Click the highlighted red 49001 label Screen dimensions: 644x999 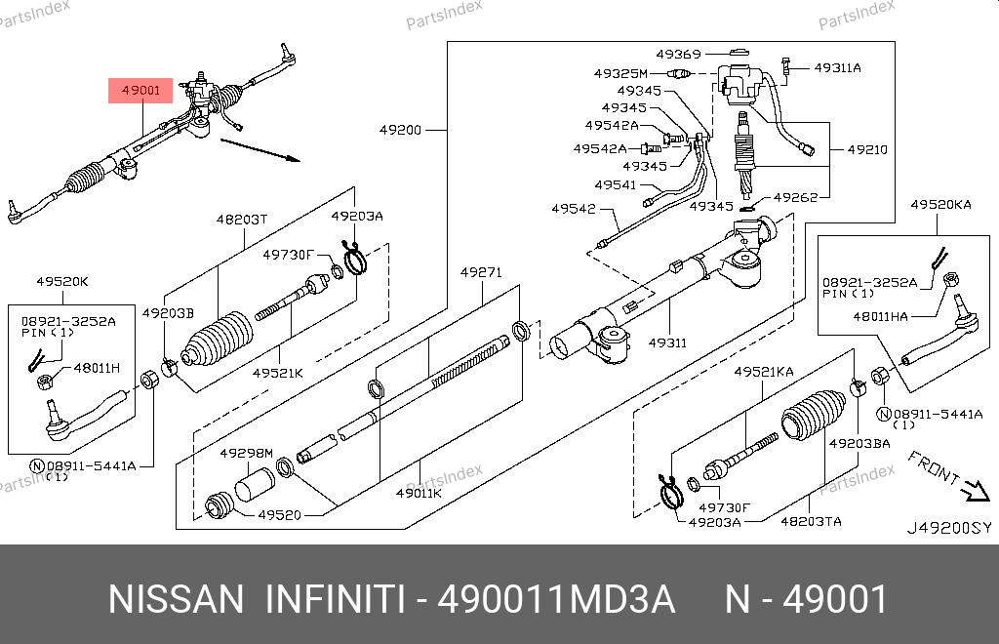coord(140,92)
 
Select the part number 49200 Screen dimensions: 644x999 coord(401,129)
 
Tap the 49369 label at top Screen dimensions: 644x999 coord(678,54)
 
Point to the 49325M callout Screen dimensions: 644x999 coord(620,73)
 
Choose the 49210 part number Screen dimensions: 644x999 coord(866,150)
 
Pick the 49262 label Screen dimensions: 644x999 coord(795,196)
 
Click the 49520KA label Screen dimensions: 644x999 coord(940,205)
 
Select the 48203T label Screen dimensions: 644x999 coord(242,220)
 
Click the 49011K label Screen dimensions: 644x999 coord(419,493)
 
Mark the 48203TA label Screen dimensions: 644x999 coord(810,522)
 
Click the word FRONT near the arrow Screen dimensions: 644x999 coord(932,469)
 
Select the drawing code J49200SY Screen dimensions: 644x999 coord(948,528)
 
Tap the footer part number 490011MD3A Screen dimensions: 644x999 coord(555,599)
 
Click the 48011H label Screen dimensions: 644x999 coord(97,368)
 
